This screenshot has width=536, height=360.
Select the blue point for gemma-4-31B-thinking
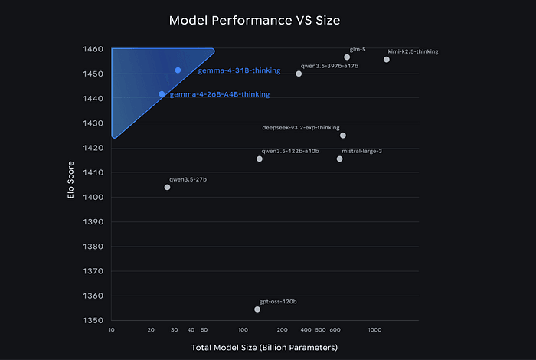(178, 70)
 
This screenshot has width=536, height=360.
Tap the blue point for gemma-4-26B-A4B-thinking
(162, 93)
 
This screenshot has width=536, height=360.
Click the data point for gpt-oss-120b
(257, 309)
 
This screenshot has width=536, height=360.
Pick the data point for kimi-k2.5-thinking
(387, 60)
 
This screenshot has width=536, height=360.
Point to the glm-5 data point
(347, 57)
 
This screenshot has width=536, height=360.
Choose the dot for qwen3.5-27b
(167, 187)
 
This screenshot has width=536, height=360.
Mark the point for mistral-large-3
(340, 159)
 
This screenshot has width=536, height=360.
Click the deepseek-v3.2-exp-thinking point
(343, 136)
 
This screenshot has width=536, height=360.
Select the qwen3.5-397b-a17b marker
(299, 74)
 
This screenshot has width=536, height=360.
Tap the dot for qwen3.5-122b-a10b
(260, 159)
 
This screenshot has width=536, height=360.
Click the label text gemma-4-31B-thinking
(229, 70)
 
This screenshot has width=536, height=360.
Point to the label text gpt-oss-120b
(278, 301)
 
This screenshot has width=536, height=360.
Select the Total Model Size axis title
(265, 348)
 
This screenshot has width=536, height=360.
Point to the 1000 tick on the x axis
(374, 329)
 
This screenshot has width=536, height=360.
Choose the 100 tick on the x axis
(243, 329)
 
